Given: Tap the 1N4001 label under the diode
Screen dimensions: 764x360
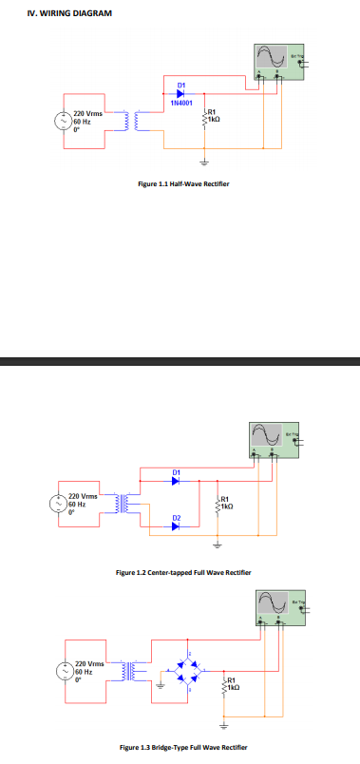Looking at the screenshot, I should [181, 102].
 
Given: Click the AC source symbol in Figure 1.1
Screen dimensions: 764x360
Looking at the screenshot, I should [65, 122].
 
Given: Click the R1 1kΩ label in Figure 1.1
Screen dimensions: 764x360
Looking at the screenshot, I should [215, 118].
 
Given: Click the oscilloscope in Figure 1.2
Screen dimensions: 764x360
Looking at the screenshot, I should [275, 437].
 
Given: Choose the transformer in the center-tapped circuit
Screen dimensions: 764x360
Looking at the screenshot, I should [124, 504].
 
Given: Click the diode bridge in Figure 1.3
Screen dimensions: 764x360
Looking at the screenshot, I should [190, 670].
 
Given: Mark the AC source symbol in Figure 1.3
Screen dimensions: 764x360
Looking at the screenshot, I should [66, 672].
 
